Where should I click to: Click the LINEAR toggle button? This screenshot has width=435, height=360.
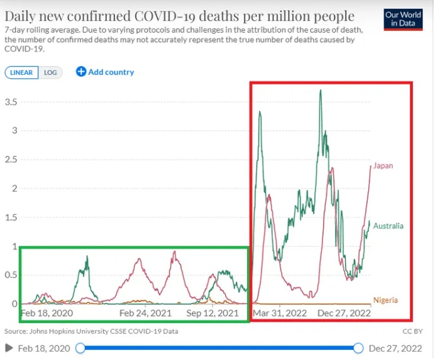pos(22,72)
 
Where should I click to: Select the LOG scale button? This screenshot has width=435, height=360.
pos(50,72)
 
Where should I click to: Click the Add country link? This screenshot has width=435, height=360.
pos(105,72)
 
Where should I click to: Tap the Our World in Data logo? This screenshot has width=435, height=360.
pos(402,19)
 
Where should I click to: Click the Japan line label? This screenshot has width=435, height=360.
pos(383,166)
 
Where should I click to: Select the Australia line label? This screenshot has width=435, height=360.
pos(388,226)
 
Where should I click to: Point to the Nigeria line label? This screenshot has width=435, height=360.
pos(385,300)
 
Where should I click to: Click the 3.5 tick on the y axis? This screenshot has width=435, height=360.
pos(10,102)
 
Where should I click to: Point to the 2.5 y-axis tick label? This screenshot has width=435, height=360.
pos(10,160)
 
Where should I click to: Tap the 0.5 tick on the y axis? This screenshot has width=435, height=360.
pos(10,275)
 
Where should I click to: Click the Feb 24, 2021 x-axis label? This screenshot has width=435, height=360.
pos(145,313)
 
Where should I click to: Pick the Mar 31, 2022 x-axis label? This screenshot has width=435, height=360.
pos(279,313)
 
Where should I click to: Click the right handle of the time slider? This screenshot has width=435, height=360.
pos(358,348)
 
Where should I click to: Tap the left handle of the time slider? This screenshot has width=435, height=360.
pos(80,348)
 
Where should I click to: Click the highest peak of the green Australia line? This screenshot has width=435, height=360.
pos(321,90)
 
